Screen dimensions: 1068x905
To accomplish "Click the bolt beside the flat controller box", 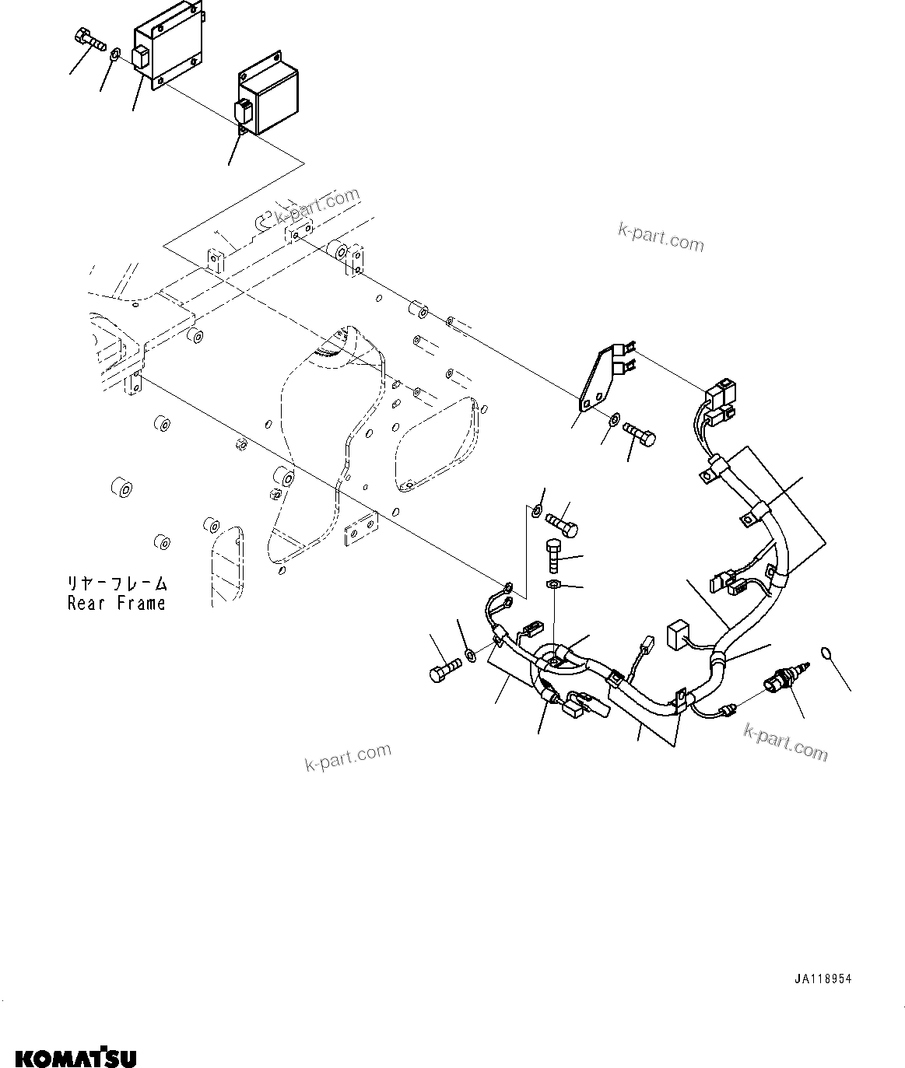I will click(90, 38).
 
